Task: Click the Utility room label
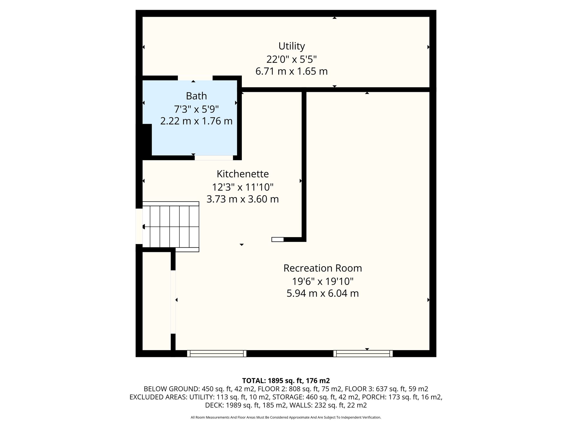292,46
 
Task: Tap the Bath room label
196,96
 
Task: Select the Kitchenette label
243,174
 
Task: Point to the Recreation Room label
323,268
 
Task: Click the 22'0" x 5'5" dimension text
292,59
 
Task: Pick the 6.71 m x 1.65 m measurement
292,71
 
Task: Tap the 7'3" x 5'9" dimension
196,109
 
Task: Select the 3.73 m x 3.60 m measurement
243,199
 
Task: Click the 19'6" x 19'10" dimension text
323,281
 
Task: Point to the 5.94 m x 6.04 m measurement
323,294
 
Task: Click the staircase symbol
171,227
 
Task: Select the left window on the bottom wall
217,354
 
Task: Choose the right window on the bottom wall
363,354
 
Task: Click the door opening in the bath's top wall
195,78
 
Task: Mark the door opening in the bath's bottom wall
214,158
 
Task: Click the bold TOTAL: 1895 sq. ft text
286,380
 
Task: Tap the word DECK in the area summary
213,405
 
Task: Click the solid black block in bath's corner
147,140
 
